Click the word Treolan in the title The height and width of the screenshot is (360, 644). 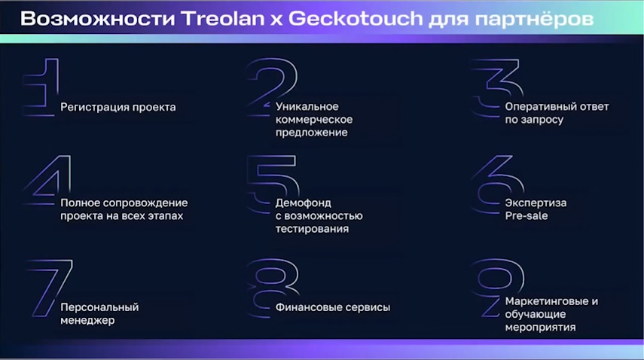pos(223,19)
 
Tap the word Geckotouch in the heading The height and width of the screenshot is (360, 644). pos(356,19)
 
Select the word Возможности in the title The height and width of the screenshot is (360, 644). pos(98,19)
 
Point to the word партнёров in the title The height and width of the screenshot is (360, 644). pos(533,20)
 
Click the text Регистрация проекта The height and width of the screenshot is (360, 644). pos(118,108)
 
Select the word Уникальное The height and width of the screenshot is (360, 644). pos(307,107)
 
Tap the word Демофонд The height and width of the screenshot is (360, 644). pos(304,203)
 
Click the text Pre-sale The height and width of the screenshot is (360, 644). pos(526,216)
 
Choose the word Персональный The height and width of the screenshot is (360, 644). pos(100,307)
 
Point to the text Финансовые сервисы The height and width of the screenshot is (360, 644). pos(333,307)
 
